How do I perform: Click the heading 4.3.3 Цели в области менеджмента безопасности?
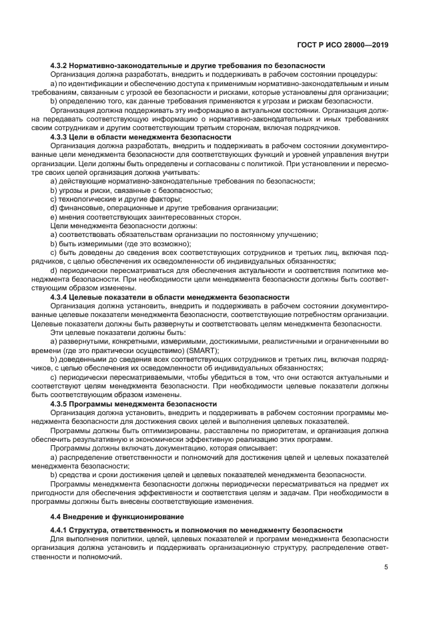(x=141, y=137)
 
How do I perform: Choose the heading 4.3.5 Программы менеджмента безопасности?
(x=133, y=404)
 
